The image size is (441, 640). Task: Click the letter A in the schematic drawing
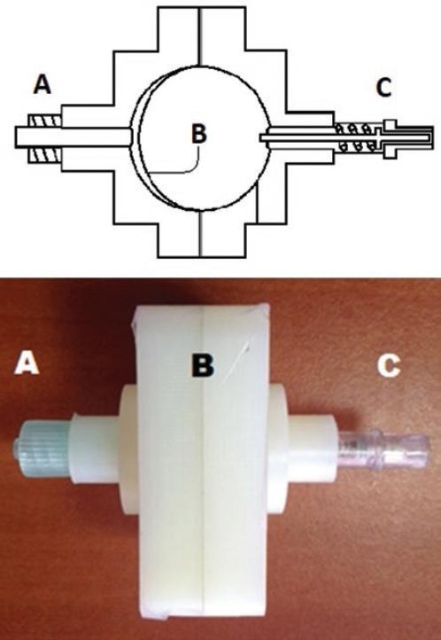pyautogui.click(x=43, y=85)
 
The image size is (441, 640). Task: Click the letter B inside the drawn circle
pyautogui.click(x=199, y=133)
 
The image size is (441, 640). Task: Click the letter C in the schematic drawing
pyautogui.click(x=383, y=87)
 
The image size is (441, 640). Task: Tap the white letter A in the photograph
pyautogui.click(x=27, y=363)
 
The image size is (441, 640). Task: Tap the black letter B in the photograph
pyautogui.click(x=203, y=364)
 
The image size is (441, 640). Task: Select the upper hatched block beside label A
pyautogui.click(x=45, y=121)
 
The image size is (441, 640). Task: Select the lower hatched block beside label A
pyautogui.click(x=45, y=155)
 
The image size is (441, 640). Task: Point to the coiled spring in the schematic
pyautogui.click(x=356, y=137)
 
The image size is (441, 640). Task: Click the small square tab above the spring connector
pyautogui.click(x=390, y=124)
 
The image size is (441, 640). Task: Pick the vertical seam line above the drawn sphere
pyautogui.click(x=200, y=36)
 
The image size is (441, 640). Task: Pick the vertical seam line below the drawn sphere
pyautogui.click(x=200, y=233)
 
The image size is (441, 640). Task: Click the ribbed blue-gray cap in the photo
pyautogui.click(x=40, y=449)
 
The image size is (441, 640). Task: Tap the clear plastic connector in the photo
pyautogui.click(x=384, y=449)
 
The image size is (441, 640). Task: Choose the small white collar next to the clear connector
pyautogui.click(x=313, y=449)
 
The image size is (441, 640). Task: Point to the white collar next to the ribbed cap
pyautogui.click(x=95, y=449)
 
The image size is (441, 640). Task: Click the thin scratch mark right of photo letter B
pyautogui.click(x=236, y=364)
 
